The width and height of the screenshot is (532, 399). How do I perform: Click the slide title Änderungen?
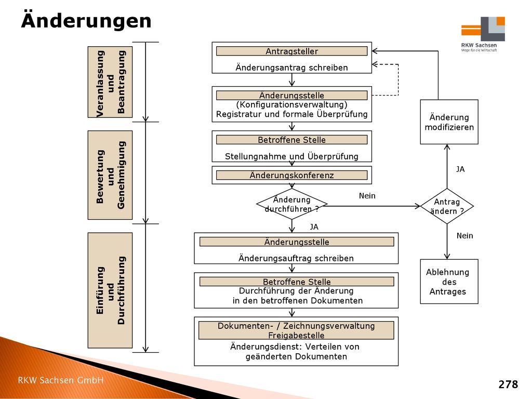click(86, 20)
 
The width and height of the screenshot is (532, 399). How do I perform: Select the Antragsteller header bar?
click(292, 51)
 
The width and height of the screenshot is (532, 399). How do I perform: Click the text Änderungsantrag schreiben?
click(292, 68)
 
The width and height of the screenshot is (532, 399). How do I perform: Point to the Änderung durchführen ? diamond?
click(292, 204)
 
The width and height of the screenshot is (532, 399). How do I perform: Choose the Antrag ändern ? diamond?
click(447, 206)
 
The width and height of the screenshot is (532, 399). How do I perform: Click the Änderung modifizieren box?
click(449, 122)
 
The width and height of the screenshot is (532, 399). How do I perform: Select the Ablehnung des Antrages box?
click(449, 282)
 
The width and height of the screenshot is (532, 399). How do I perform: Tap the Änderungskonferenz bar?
click(292, 175)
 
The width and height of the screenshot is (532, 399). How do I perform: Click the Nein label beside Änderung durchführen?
click(367, 196)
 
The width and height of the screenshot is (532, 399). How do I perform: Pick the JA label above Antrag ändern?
click(460, 169)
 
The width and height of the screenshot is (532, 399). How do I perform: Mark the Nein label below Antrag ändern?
click(464, 236)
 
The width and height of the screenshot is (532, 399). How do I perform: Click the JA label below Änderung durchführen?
click(314, 227)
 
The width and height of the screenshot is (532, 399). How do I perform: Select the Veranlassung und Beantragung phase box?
click(110, 82)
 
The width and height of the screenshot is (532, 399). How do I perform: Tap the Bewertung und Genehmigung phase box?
click(110, 175)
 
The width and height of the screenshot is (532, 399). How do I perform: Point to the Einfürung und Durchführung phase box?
click(110, 290)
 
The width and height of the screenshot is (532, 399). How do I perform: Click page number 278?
click(508, 384)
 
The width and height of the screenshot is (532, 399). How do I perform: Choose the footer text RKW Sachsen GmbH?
click(61, 380)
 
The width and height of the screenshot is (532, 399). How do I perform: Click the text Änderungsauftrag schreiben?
click(296, 258)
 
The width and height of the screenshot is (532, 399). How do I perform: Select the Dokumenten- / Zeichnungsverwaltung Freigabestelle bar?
click(296, 330)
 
